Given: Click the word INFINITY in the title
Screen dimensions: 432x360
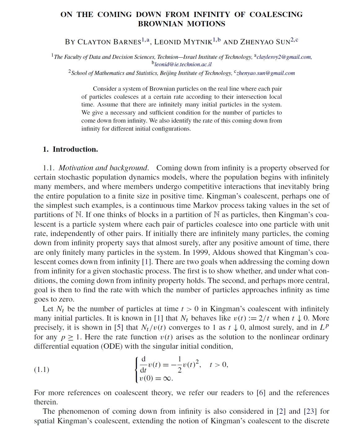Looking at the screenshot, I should [x=212, y=15].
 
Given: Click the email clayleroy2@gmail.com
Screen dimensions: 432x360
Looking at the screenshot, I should [x=284, y=57].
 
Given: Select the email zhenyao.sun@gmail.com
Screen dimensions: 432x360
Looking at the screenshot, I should [x=266, y=73].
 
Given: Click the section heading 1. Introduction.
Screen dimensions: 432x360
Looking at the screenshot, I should [x=70, y=149].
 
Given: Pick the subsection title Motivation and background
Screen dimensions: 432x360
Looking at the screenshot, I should [x=103, y=168].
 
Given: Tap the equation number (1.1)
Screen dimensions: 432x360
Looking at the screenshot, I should [x=42, y=369].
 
